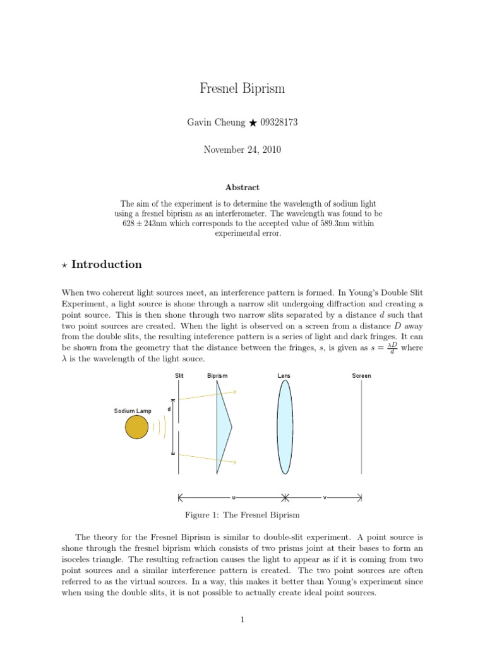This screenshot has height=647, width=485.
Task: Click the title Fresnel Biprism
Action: (242, 88)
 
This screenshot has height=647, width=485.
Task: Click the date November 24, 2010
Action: (242, 150)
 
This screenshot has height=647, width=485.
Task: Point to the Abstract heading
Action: (242, 188)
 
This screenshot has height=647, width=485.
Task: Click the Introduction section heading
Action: (106, 265)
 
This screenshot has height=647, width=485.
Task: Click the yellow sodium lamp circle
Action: (136, 428)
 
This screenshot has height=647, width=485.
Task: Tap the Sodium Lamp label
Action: (133, 411)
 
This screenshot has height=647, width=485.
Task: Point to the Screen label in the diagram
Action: (361, 376)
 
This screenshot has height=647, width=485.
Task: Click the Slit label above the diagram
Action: (179, 376)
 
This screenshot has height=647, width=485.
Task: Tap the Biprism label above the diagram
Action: (217, 376)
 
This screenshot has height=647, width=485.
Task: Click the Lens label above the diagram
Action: (284, 376)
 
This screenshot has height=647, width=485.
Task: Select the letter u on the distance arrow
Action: (234, 497)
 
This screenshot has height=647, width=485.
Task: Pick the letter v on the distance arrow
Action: (325, 497)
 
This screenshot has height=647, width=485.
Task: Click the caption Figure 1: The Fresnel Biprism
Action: (242, 515)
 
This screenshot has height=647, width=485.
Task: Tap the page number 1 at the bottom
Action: (242, 620)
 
